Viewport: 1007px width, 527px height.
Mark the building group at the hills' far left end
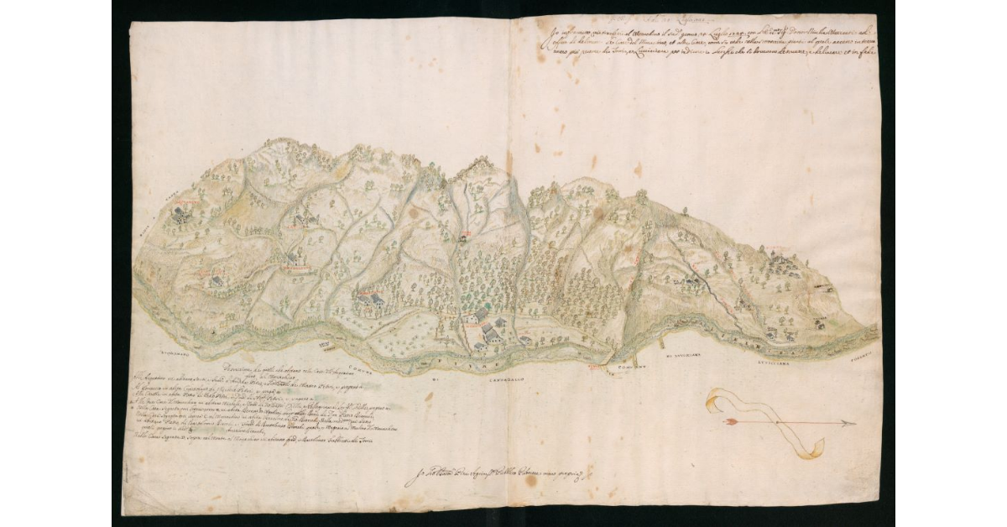click(x=180, y=215)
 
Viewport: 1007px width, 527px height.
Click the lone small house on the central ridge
click(x=462, y=237)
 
